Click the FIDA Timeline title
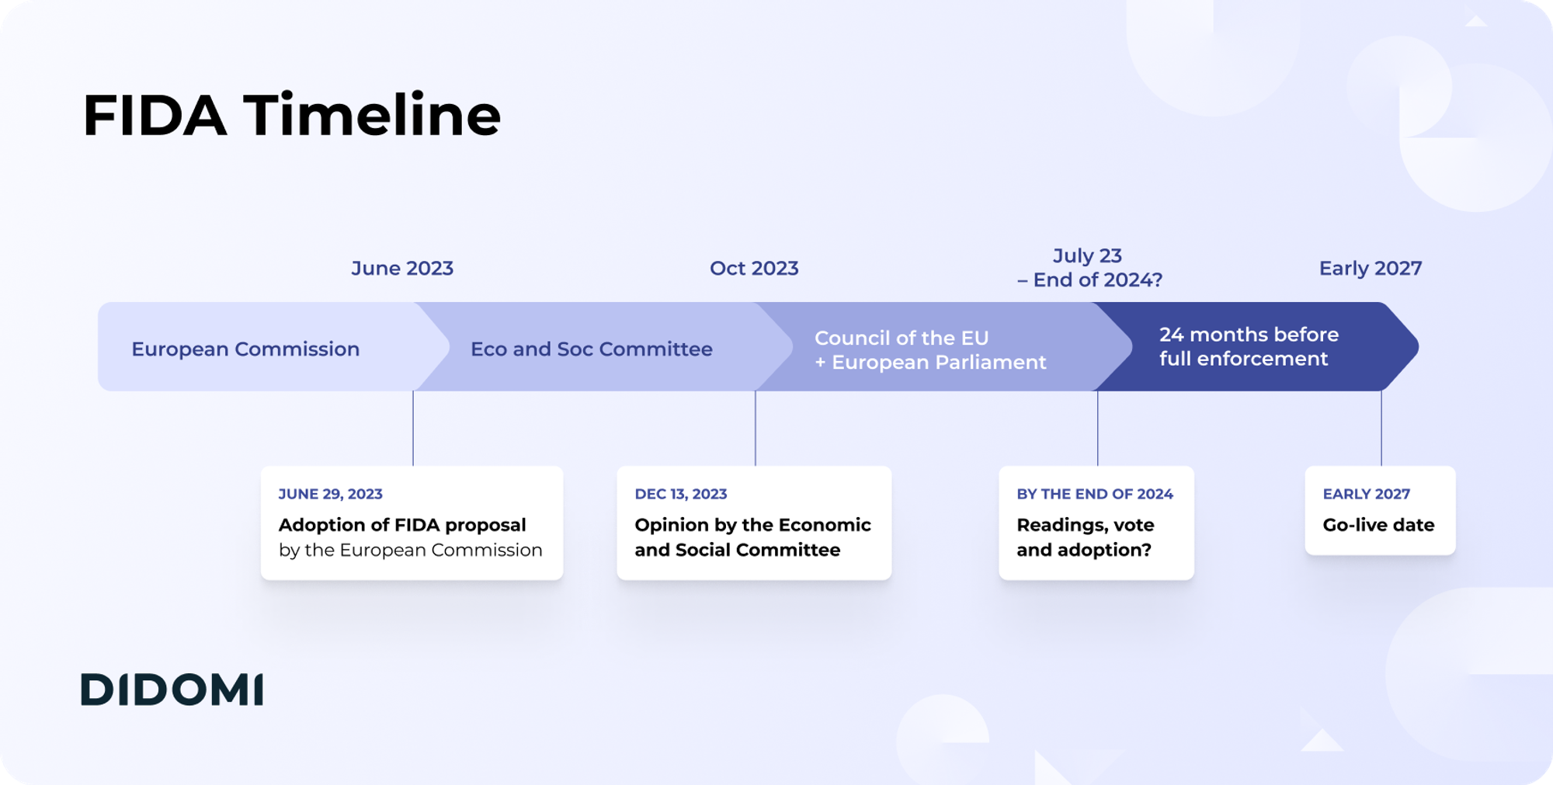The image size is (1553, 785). (291, 115)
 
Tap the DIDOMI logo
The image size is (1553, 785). (172, 689)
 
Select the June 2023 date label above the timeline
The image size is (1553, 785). (402, 269)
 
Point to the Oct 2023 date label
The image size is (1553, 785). (754, 269)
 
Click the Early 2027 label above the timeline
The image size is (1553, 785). (1371, 269)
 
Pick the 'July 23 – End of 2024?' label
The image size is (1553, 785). (1089, 268)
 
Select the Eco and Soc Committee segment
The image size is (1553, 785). (592, 349)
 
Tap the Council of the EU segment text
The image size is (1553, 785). (930, 350)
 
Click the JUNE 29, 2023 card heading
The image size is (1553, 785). (331, 494)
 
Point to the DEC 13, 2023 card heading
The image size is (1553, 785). (681, 494)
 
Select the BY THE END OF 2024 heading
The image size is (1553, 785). (1095, 494)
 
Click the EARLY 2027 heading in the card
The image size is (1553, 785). (1367, 494)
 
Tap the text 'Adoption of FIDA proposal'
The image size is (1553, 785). (402, 525)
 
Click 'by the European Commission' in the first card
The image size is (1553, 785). (411, 550)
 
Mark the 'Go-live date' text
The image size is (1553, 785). (1378, 525)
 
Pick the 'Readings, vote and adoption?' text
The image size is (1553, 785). (1086, 537)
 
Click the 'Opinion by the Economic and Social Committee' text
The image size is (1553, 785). (752, 537)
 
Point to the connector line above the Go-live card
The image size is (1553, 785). (1381, 428)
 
